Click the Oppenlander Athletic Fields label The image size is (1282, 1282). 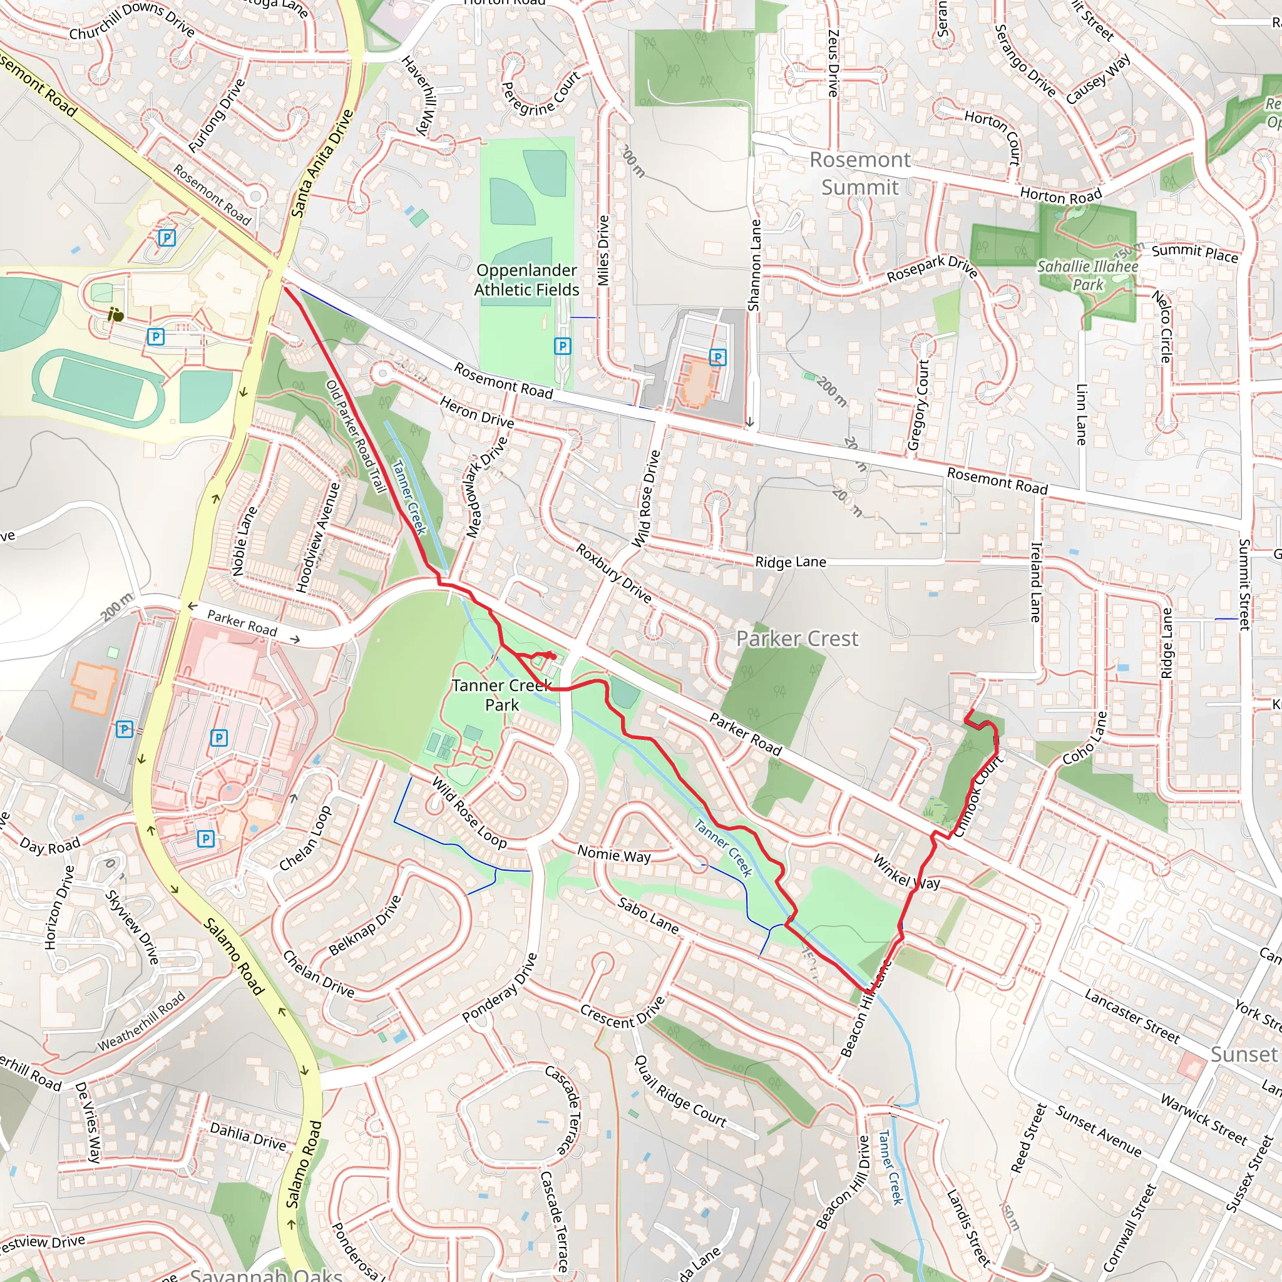click(x=526, y=280)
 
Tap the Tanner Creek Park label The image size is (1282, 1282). click(x=501, y=695)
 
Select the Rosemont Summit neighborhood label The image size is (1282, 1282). click(x=860, y=173)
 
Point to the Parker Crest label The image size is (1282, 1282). click(x=797, y=639)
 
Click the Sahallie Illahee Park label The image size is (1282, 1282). click(x=1087, y=275)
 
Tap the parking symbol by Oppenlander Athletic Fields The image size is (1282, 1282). click(x=563, y=346)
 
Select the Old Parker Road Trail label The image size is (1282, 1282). click(x=356, y=437)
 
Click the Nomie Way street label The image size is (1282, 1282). click(x=614, y=854)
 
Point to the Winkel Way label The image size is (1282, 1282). click(x=906, y=872)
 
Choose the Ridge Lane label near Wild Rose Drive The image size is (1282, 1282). click(x=791, y=562)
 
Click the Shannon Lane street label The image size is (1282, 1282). click(x=754, y=265)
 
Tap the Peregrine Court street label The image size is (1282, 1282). click(x=541, y=95)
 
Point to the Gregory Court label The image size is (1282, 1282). click(x=919, y=406)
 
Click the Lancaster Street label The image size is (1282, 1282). click(x=1132, y=1015)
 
